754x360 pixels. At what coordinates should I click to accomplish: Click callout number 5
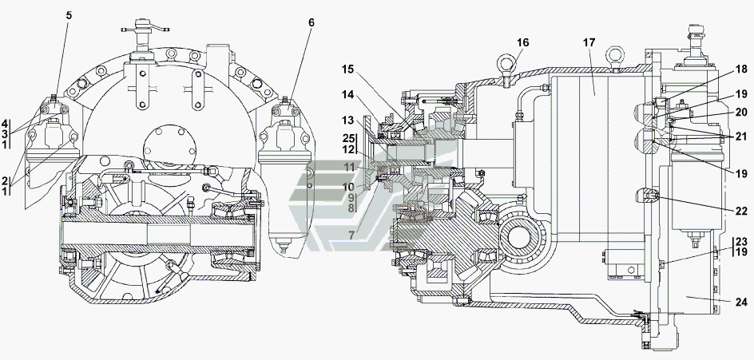(x=69, y=15)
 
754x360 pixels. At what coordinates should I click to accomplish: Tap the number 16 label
(x=522, y=43)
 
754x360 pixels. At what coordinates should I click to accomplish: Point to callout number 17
(x=589, y=43)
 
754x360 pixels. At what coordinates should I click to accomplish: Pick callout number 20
(x=741, y=112)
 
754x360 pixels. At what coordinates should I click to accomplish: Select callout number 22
(x=741, y=211)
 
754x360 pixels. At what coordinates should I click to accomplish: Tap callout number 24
(x=741, y=303)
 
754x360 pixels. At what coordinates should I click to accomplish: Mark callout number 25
(x=348, y=138)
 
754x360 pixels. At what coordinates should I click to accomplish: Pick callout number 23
(x=741, y=242)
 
